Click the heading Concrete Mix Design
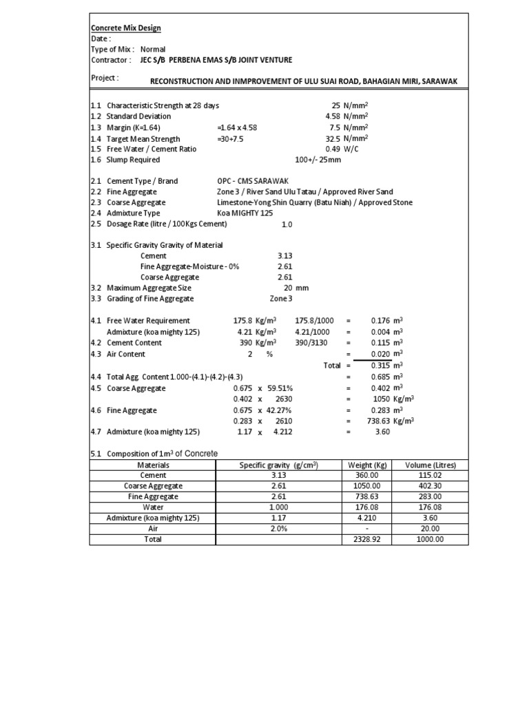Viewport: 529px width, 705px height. tap(126, 28)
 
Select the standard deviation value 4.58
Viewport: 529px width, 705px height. tap(333, 116)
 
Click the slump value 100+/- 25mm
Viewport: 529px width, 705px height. tap(318, 160)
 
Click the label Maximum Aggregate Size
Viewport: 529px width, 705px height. tap(149, 288)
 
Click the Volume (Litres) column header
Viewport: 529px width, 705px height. tap(431, 465)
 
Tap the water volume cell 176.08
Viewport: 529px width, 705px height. tap(431, 507)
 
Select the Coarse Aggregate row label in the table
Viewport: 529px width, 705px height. tap(153, 486)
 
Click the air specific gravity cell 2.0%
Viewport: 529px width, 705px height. tap(278, 529)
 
